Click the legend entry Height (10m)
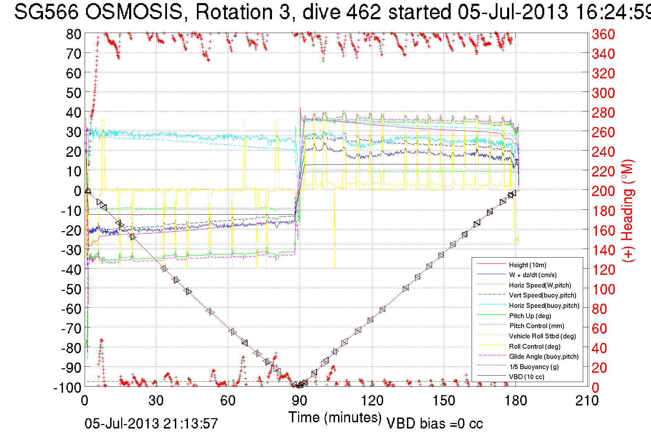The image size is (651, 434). click(527, 265)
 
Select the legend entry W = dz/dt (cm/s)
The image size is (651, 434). click(533, 275)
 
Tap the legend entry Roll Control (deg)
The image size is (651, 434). click(534, 346)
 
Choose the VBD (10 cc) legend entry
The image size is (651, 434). click(526, 377)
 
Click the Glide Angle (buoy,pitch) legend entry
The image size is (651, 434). click(544, 356)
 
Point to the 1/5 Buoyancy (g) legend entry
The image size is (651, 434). click(534, 367)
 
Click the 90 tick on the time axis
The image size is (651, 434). click(300, 401)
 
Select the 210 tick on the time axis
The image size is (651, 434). click(587, 401)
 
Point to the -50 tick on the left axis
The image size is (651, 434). click(71, 289)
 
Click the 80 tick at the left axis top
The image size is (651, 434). click(73, 34)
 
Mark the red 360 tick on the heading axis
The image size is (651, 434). click(603, 34)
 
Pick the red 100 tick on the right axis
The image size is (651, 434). click(603, 289)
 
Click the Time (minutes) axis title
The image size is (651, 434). click(335, 417)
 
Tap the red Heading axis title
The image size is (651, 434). click(628, 210)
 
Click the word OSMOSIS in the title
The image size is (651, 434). click(134, 12)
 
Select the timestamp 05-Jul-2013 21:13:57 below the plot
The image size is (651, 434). click(151, 424)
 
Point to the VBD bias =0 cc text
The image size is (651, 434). click(434, 424)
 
